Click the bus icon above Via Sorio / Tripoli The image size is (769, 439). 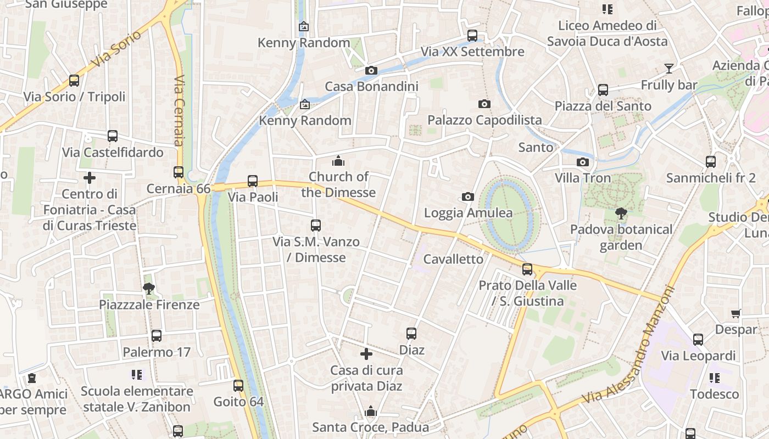point(74,81)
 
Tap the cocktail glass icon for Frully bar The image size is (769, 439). point(668,69)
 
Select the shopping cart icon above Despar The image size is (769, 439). point(736,313)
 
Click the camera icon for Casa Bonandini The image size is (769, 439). point(371,70)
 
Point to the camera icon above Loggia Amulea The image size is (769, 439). point(468,196)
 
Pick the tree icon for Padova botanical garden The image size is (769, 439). point(621,213)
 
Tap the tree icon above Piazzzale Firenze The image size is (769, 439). point(148,288)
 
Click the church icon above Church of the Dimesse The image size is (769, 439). point(338,161)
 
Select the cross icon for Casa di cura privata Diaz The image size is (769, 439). point(366,354)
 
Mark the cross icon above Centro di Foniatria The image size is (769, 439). point(90,178)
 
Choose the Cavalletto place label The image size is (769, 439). point(453,259)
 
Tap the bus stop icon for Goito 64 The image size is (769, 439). point(238,386)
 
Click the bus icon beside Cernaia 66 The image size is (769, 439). point(179,172)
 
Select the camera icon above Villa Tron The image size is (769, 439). point(582,162)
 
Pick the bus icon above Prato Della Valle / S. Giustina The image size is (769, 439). point(527,269)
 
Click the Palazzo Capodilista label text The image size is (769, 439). point(484,120)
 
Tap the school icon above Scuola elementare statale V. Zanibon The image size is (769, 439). point(137,375)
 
